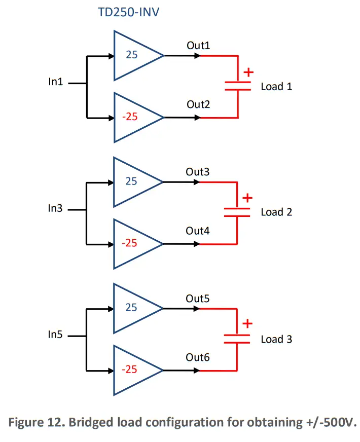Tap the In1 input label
click(55, 82)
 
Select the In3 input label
click(55, 208)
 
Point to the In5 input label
click(55, 335)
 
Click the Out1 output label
click(198, 46)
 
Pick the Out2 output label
click(198, 105)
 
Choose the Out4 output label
click(198, 231)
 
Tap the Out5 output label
click(198, 299)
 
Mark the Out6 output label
click(198, 358)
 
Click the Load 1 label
click(276, 86)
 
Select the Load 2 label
click(276, 212)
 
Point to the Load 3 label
click(276, 339)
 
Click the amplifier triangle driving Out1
click(134, 55)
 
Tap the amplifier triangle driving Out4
click(134, 244)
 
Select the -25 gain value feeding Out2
click(129, 117)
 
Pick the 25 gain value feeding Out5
click(131, 307)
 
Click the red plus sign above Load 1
click(248, 72)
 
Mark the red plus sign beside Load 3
click(247, 323)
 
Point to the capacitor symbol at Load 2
click(237, 211)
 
